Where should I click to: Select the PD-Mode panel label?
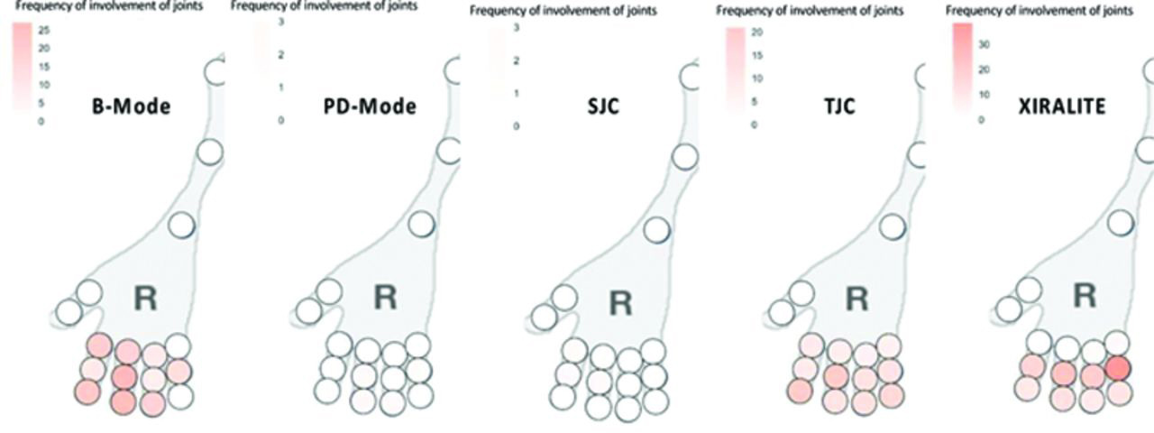(x=370, y=106)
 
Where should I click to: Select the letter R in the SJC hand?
(x=618, y=301)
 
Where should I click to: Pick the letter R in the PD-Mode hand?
(x=385, y=297)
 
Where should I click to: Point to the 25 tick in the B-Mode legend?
(x=43, y=31)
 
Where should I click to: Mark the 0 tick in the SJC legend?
(x=517, y=126)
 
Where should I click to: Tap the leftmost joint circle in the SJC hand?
(x=544, y=317)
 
